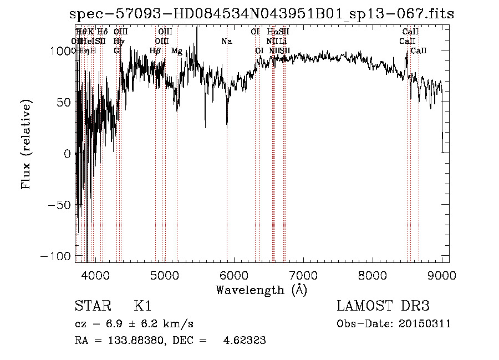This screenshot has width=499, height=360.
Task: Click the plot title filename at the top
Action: point(262,14)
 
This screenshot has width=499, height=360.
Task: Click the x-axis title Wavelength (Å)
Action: point(261,290)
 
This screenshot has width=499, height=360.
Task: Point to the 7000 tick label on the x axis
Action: point(303,275)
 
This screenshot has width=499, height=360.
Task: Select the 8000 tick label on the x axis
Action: point(373,275)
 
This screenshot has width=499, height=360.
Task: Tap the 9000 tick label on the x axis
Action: point(442,275)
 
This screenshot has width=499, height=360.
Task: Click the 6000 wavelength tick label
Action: point(233,275)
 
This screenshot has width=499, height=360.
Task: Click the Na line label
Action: point(226,42)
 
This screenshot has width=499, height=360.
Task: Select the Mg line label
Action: point(176,51)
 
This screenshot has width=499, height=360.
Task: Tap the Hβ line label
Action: point(155,51)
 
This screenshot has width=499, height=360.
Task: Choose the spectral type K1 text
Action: point(142,306)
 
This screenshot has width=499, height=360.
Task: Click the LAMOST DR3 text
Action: point(383,306)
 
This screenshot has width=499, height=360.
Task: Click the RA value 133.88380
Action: point(125,341)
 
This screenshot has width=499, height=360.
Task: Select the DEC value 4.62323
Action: point(244,341)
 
